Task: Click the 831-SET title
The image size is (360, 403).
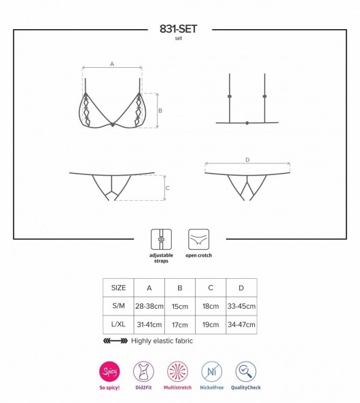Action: (x=179, y=29)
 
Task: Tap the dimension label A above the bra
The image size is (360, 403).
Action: (x=112, y=64)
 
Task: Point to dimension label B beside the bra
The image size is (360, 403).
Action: (x=160, y=111)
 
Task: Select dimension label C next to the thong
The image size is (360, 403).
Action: (x=168, y=188)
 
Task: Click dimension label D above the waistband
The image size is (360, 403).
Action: (x=247, y=160)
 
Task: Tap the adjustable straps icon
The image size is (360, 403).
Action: (x=162, y=239)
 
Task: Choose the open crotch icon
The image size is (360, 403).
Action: (x=198, y=239)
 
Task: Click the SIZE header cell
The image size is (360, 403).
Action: (x=118, y=288)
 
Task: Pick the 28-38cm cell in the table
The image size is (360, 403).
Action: (x=149, y=306)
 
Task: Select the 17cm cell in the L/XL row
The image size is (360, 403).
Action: (x=180, y=324)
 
